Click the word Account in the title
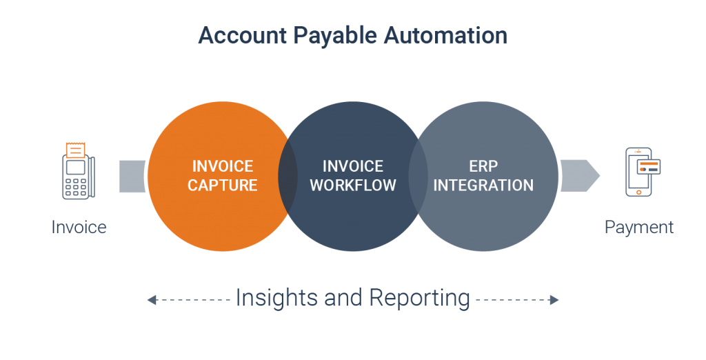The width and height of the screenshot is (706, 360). pos(242,35)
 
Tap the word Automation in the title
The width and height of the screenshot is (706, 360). pos(446,35)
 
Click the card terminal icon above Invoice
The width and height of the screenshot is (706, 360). pos(79,171)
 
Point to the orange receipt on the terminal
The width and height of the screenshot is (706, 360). pos(75,150)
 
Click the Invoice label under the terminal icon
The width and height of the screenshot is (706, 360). pos(79,227)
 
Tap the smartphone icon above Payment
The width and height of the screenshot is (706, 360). pos(643,172)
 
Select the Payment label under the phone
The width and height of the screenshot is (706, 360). pos(639,228)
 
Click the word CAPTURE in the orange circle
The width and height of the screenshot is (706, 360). pos(223,186)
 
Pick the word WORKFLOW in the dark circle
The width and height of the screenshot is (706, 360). pos(353,186)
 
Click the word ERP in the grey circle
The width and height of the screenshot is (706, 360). pos(483,166)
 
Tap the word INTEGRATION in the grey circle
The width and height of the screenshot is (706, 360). pos(483,186)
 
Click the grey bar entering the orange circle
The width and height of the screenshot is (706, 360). pos(132,176)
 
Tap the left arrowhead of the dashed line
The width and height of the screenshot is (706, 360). pos(152,299)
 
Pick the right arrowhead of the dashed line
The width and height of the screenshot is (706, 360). pos(554,299)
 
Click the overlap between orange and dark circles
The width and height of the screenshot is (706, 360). pos(288,176)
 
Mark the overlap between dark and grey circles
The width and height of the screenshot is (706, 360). pos(418,176)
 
